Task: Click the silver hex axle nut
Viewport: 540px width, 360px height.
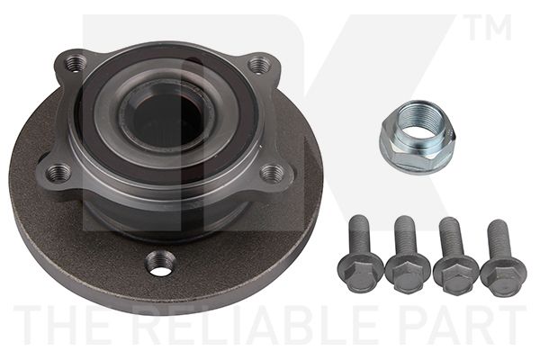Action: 415,138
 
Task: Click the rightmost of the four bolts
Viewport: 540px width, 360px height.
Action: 502,258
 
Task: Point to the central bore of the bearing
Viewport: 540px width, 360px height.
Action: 165,117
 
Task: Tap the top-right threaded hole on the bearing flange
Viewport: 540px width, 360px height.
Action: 260,64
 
